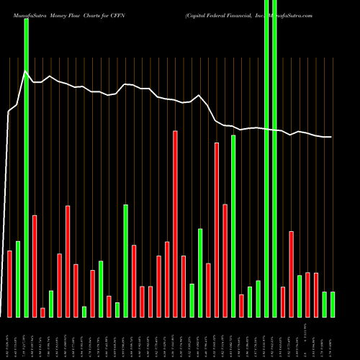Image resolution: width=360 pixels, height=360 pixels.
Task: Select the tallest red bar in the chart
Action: pos(175,223)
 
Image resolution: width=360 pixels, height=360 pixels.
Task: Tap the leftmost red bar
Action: pos(9,284)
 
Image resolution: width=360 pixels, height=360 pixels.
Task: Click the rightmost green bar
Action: pos(333,304)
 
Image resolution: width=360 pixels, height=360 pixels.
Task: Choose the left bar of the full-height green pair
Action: pos(266,158)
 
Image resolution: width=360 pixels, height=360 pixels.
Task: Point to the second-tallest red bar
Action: pos(217,230)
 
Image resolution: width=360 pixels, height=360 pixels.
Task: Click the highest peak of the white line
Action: pos(26,71)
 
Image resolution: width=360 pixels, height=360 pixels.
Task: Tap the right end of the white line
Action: pos(331,137)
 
